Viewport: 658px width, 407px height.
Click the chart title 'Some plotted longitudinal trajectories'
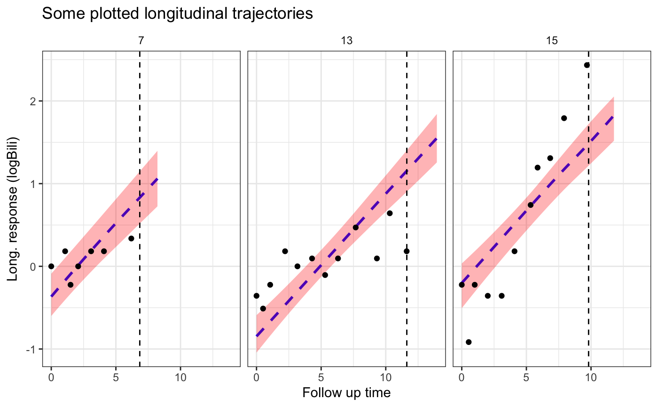pyautogui.click(x=177, y=14)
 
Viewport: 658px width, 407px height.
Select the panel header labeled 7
pyautogui.click(x=141, y=41)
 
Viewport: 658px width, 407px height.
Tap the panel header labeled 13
pyautogui.click(x=346, y=41)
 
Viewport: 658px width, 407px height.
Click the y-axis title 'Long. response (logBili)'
pyautogui.click(x=13, y=209)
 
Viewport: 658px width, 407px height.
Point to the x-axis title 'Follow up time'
pyautogui.click(x=346, y=392)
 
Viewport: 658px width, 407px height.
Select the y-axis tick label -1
pyautogui.click(x=31, y=349)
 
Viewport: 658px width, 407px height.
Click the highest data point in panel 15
pyautogui.click(x=587, y=65)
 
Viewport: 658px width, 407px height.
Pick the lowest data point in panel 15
pyautogui.click(x=468, y=342)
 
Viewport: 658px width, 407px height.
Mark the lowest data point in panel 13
pyautogui.click(x=263, y=308)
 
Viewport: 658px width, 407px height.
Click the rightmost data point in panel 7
pyautogui.click(x=131, y=238)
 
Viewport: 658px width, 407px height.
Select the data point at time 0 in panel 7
pyautogui.click(x=51, y=266)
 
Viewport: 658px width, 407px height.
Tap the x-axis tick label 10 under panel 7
pyautogui.click(x=180, y=377)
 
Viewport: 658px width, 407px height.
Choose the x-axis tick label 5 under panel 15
pyautogui.click(x=526, y=377)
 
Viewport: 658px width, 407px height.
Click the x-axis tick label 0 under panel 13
pyautogui.click(x=256, y=377)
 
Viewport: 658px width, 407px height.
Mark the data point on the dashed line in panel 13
pyautogui.click(x=407, y=251)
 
